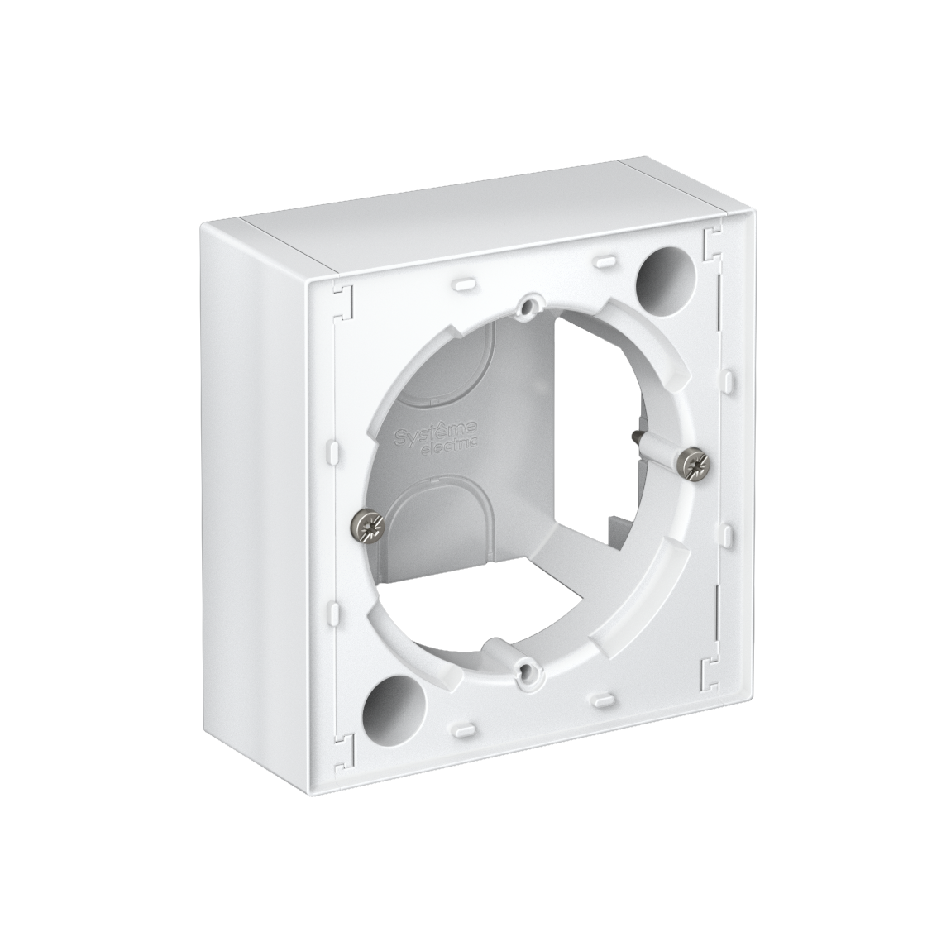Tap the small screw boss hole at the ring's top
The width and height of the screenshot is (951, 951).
[x=524, y=309]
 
